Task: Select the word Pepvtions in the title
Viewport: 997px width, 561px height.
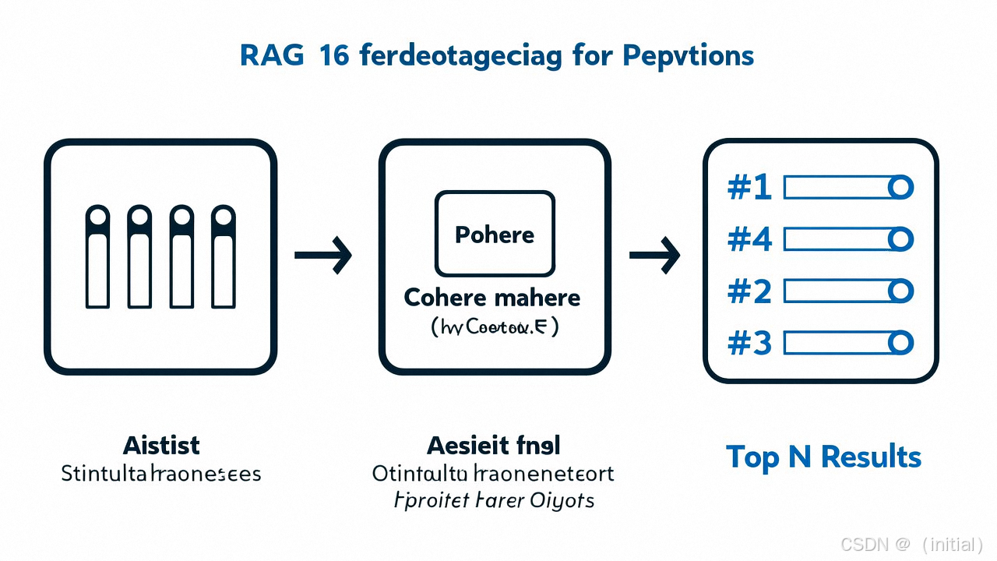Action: [688, 57]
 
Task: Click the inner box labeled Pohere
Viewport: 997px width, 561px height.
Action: [495, 235]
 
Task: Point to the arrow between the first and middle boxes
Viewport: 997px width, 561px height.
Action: [323, 255]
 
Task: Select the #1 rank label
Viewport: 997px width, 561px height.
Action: [749, 188]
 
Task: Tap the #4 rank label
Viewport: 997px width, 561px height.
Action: [749, 239]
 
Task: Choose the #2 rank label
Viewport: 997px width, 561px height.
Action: [749, 291]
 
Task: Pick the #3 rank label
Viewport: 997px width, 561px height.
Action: [749, 343]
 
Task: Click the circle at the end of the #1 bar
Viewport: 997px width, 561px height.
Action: [900, 188]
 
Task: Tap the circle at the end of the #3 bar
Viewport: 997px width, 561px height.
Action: [900, 343]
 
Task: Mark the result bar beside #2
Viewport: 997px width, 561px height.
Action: [837, 291]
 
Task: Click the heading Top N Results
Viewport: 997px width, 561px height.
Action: [823, 457]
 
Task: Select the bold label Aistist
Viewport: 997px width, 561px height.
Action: [161, 446]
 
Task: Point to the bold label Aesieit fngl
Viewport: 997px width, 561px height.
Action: [494, 446]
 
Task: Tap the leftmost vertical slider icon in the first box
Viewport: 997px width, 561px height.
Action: [97, 257]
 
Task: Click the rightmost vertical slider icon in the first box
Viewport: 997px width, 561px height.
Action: [224, 257]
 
